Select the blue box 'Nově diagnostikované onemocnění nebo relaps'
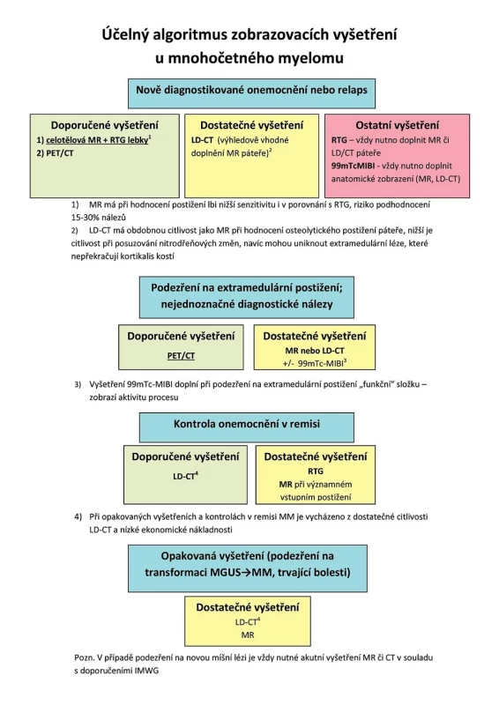click(x=251, y=93)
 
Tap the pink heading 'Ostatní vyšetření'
click(x=397, y=125)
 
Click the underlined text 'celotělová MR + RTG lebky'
click(x=97, y=140)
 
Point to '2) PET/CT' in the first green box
click(x=55, y=152)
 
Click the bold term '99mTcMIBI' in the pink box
click(x=353, y=166)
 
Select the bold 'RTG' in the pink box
click(x=339, y=140)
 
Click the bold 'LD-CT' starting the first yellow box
click(x=202, y=140)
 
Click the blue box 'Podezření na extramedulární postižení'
click(x=247, y=297)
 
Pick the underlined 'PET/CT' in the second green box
click(x=181, y=356)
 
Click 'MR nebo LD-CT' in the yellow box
click(x=315, y=350)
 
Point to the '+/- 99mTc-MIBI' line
click(x=315, y=363)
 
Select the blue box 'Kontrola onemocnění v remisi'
click(x=247, y=427)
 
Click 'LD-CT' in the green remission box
click(x=184, y=476)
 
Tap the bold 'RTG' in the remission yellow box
click(x=316, y=471)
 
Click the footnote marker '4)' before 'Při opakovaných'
click(x=78, y=516)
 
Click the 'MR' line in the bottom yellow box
click(x=248, y=634)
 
